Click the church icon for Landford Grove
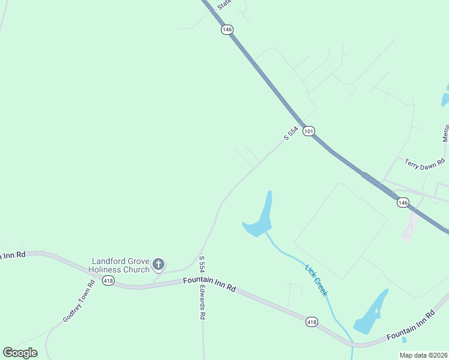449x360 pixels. click(158, 264)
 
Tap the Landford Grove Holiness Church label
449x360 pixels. click(119, 265)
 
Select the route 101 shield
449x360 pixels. click(309, 131)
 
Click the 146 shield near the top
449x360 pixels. click(226, 29)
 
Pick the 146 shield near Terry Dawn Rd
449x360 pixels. click(403, 203)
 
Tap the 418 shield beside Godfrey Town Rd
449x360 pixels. click(108, 281)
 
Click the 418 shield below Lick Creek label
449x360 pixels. click(312, 322)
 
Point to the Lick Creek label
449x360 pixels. click(316, 280)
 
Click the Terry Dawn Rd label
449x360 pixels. click(424, 163)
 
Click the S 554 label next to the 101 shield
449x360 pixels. click(291, 134)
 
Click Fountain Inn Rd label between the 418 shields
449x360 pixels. click(209, 284)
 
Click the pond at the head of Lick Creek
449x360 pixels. click(262, 219)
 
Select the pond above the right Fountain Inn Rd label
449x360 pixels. click(371, 312)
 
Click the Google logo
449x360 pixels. click(20, 353)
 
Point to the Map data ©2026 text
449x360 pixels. click(423, 355)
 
